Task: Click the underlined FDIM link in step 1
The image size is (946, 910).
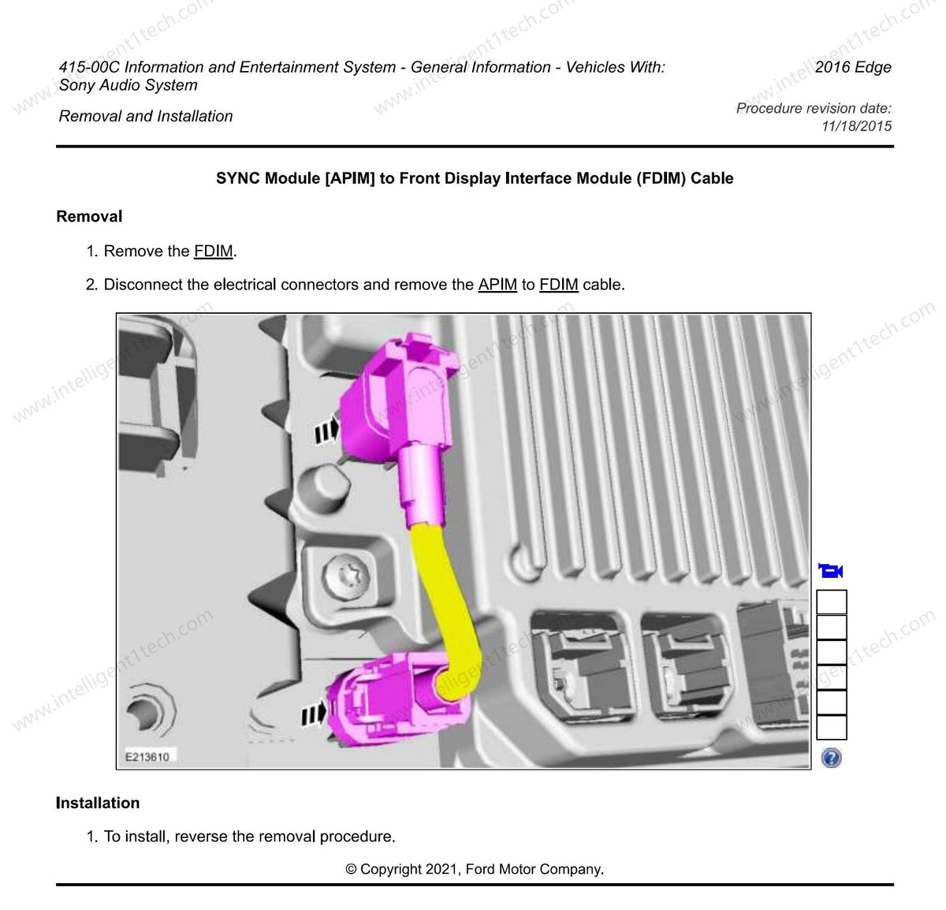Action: click(213, 251)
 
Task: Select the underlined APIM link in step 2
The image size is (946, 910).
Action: click(497, 284)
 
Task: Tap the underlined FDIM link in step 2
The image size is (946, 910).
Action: click(559, 284)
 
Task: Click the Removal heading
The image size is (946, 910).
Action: click(89, 216)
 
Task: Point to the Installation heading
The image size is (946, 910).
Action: click(98, 803)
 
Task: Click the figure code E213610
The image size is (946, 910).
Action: click(147, 757)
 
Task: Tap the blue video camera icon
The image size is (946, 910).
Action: click(830, 570)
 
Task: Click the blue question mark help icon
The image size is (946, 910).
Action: click(831, 758)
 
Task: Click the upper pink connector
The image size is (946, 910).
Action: click(399, 418)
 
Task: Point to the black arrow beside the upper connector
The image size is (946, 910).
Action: click(326, 430)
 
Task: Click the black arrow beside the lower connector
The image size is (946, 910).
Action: click(314, 714)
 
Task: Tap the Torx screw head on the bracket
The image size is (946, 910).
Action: click(345, 578)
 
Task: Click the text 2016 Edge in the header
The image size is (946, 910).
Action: click(853, 66)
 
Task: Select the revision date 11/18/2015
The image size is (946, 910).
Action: click(856, 126)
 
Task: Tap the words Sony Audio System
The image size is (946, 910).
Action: click(128, 84)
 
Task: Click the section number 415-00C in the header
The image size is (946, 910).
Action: click(89, 66)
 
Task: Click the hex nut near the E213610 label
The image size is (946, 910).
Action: click(151, 710)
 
